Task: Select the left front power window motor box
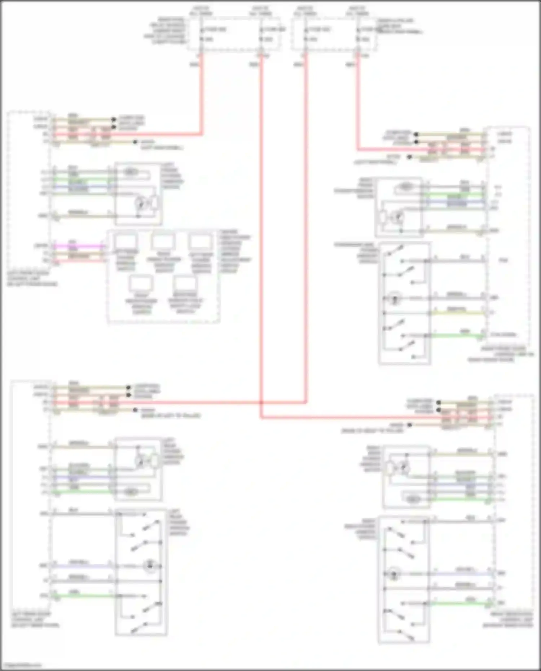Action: coord(138,194)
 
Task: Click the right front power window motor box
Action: coord(399,207)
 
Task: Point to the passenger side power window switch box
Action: coord(404,303)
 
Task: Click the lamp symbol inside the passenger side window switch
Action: coord(395,299)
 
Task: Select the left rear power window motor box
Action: coord(138,469)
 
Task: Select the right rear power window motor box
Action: coord(406,477)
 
